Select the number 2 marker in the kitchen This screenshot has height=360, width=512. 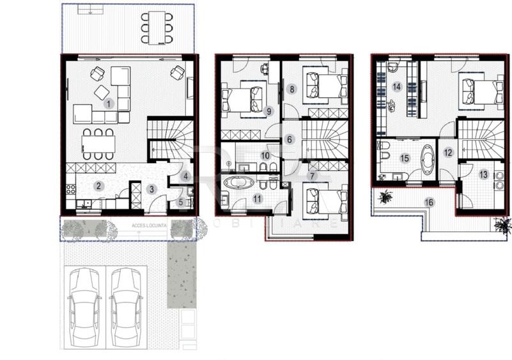[98, 186]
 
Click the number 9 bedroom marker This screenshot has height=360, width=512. [268, 111]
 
